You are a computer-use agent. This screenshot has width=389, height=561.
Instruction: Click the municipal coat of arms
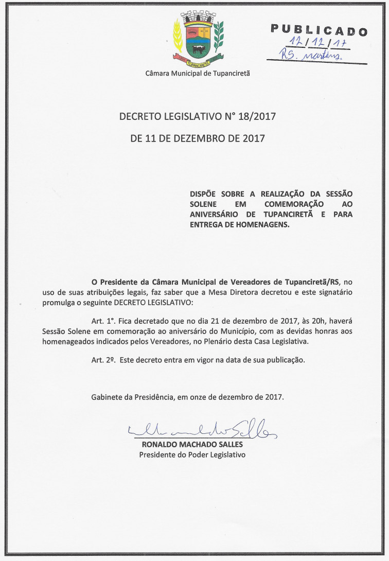point(198,39)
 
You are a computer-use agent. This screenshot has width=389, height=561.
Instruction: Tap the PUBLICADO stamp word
point(319,30)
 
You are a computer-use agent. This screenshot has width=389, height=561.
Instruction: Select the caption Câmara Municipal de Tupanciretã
point(198,74)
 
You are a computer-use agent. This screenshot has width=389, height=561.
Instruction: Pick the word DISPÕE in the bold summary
point(204,194)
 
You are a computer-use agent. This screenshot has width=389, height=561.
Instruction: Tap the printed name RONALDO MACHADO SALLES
point(192,444)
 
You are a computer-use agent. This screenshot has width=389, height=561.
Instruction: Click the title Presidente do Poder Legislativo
point(192,455)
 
